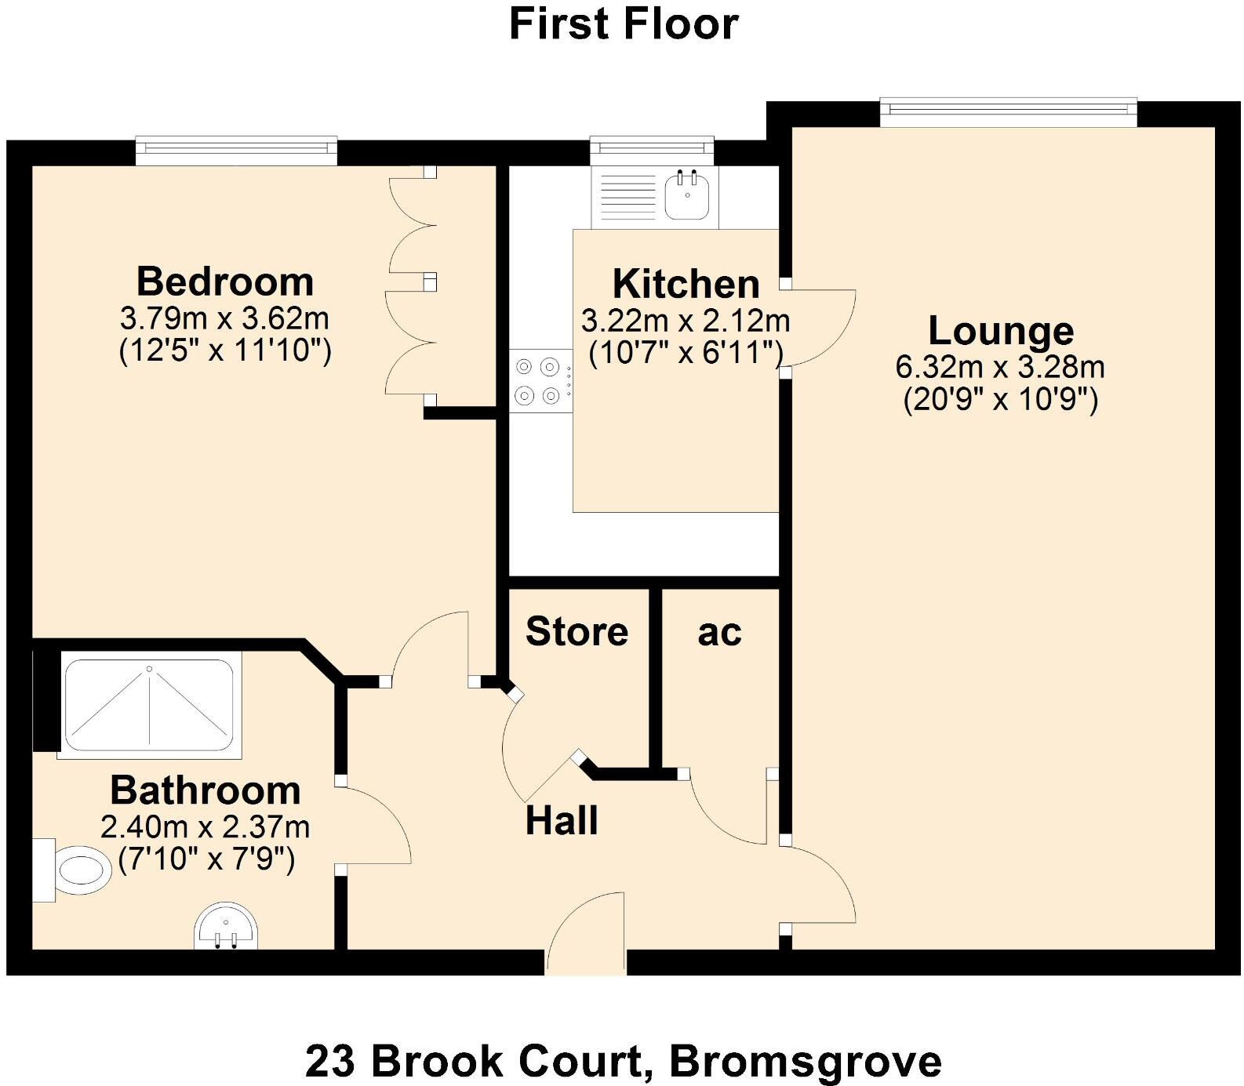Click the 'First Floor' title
pyautogui.click(x=624, y=24)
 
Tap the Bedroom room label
pyautogui.click(x=225, y=281)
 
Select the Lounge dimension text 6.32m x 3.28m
pyautogui.click(x=1000, y=366)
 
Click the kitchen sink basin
pyautogui.click(x=688, y=196)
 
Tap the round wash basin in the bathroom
pyautogui.click(x=226, y=928)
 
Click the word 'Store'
pyautogui.click(x=577, y=631)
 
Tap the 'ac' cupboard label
pyautogui.click(x=719, y=632)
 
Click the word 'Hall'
pyautogui.click(x=562, y=821)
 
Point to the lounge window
pyautogui.click(x=1008, y=112)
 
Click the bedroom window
pyautogui.click(x=236, y=151)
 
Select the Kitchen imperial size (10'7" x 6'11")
pyautogui.click(x=686, y=354)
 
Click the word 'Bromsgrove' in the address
pyautogui.click(x=806, y=1062)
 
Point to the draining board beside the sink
pyautogui.click(x=627, y=196)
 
